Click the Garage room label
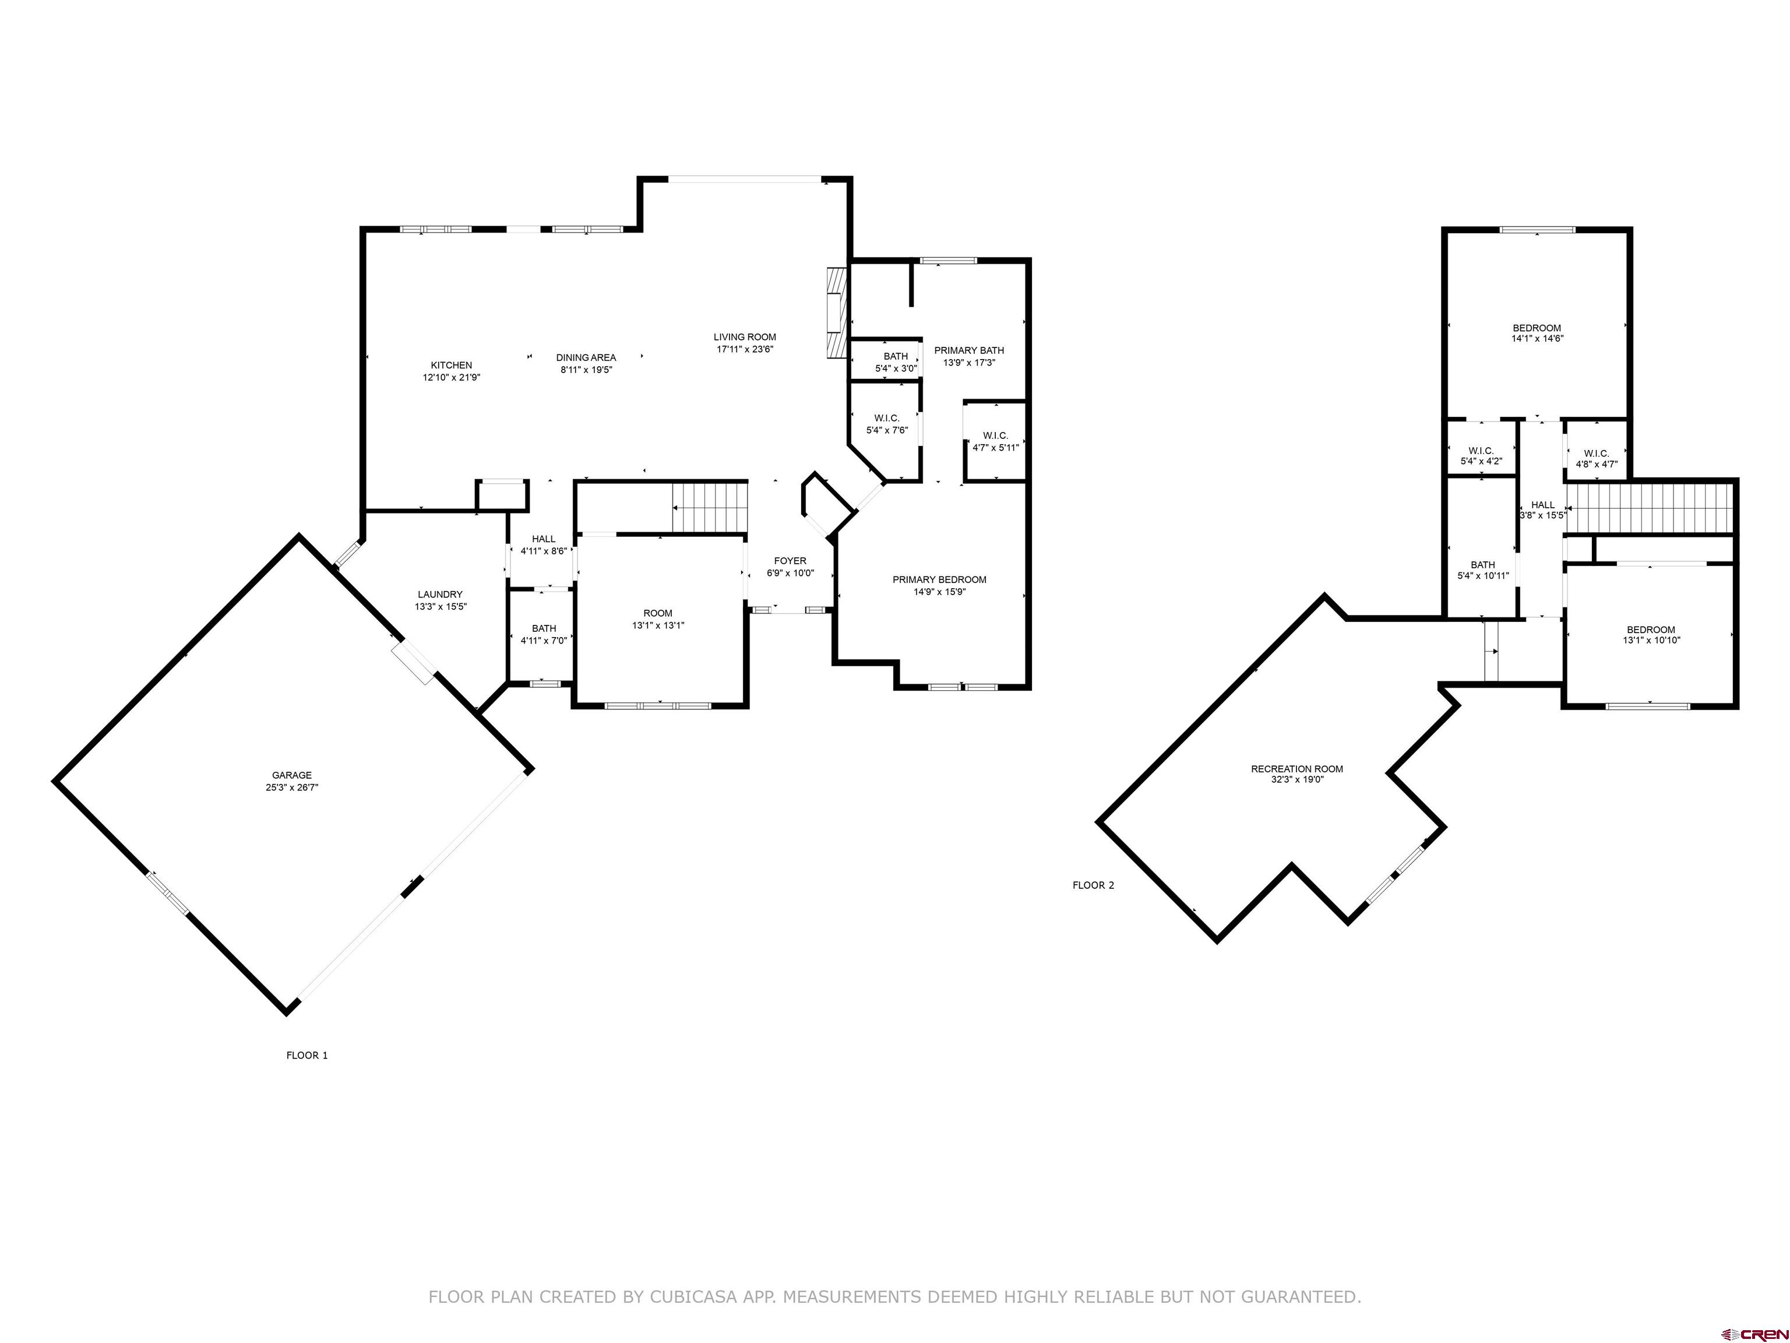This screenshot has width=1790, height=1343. pos(291,775)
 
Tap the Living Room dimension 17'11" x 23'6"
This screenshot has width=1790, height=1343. pos(745,350)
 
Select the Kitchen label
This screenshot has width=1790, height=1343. pos(451,365)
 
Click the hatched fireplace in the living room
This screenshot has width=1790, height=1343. pos(835,312)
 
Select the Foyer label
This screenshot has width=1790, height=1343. pos(790,561)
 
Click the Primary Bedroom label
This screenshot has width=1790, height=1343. pos(939,579)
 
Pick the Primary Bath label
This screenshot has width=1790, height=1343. pos(968,350)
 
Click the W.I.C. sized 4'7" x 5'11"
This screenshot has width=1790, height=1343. pos(995,441)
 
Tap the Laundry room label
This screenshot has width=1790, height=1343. pos(441,594)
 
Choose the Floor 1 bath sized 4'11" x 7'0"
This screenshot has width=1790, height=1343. pos(544,634)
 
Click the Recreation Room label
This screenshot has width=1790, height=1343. pos(1296,769)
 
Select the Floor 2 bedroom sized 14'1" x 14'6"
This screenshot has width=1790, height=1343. pos(1537,333)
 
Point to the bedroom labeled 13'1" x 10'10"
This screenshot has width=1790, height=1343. pos(1651,635)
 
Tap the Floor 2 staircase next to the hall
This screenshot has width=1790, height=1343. pos(1651,508)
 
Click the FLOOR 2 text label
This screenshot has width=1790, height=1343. pos(1093,885)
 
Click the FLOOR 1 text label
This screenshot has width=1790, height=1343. pos(306,1055)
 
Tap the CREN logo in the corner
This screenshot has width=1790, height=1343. pos(1754,1333)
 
